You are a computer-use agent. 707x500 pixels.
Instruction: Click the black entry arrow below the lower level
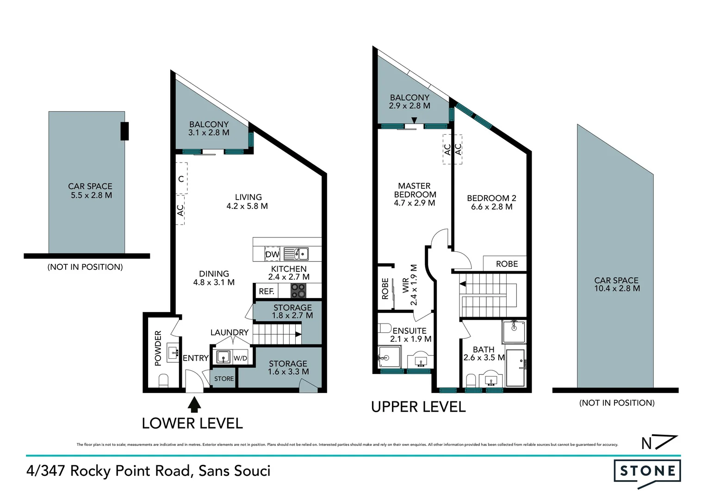[x=195, y=404]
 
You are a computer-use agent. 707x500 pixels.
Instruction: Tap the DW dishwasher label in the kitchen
[x=272, y=254]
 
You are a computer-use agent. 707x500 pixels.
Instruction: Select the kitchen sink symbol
[x=296, y=254]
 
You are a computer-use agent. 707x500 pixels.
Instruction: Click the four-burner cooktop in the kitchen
[x=298, y=291]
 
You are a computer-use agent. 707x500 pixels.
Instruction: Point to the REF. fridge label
[x=267, y=291]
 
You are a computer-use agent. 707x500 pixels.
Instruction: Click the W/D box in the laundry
[x=240, y=358]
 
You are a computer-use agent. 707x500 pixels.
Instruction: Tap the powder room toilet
[x=163, y=381]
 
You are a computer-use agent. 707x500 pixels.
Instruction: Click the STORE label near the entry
[x=224, y=379]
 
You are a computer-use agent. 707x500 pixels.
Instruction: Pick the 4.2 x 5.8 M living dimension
[x=247, y=206]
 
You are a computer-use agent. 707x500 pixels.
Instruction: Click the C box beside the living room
[x=181, y=179]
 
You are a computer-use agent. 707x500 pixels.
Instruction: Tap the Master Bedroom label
[x=415, y=190]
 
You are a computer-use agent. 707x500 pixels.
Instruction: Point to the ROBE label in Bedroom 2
[x=507, y=264]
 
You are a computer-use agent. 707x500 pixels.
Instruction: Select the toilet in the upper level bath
[x=471, y=381]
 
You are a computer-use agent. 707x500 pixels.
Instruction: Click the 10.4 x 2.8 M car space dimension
[x=617, y=288]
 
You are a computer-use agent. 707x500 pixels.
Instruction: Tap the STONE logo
[x=647, y=471]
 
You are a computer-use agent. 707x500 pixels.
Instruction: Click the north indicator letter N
[x=646, y=444]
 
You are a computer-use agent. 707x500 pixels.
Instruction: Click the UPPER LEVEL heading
[x=418, y=407]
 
